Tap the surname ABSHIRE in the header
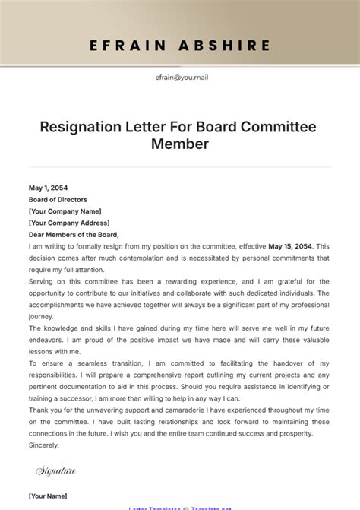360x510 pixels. tap(227, 46)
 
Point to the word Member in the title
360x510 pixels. tap(179, 144)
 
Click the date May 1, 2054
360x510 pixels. tap(48, 188)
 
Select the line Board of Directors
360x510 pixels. tap(58, 200)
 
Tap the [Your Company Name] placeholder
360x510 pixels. tap(65, 211)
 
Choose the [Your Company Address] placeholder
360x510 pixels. tap(68, 223)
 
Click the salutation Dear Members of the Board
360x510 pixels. tap(74, 235)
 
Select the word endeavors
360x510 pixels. tap(49, 340)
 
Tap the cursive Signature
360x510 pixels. tap(56, 471)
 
